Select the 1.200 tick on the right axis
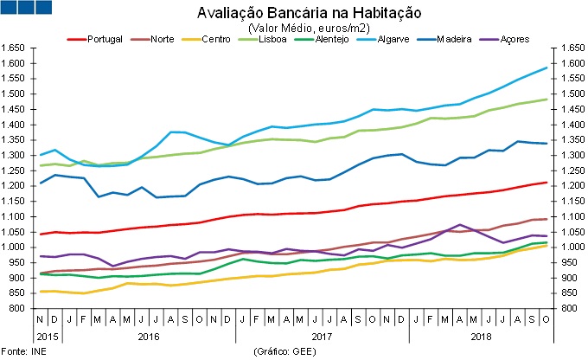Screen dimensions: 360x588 point(572,185)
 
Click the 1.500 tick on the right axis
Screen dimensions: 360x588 point(572,93)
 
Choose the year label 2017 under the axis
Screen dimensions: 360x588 point(322,334)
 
